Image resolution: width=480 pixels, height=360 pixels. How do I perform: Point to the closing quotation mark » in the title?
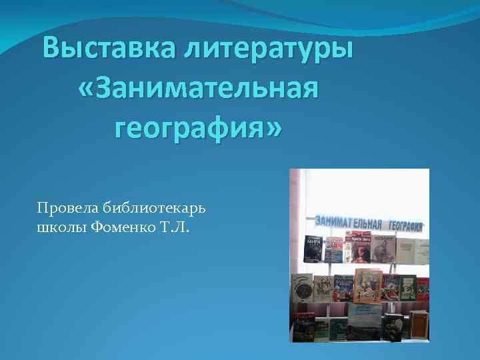pyautogui.click(x=273, y=126)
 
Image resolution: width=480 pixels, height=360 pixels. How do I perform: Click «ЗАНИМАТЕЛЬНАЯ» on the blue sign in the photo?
pyautogui.click(x=348, y=222)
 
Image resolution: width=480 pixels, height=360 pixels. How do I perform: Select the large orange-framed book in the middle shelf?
pyautogui.click(x=367, y=286)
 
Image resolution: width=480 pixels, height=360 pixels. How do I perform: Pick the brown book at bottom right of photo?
pyautogui.click(x=419, y=325)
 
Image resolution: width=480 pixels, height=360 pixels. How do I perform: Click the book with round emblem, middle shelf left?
pyautogui.click(x=302, y=287)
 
